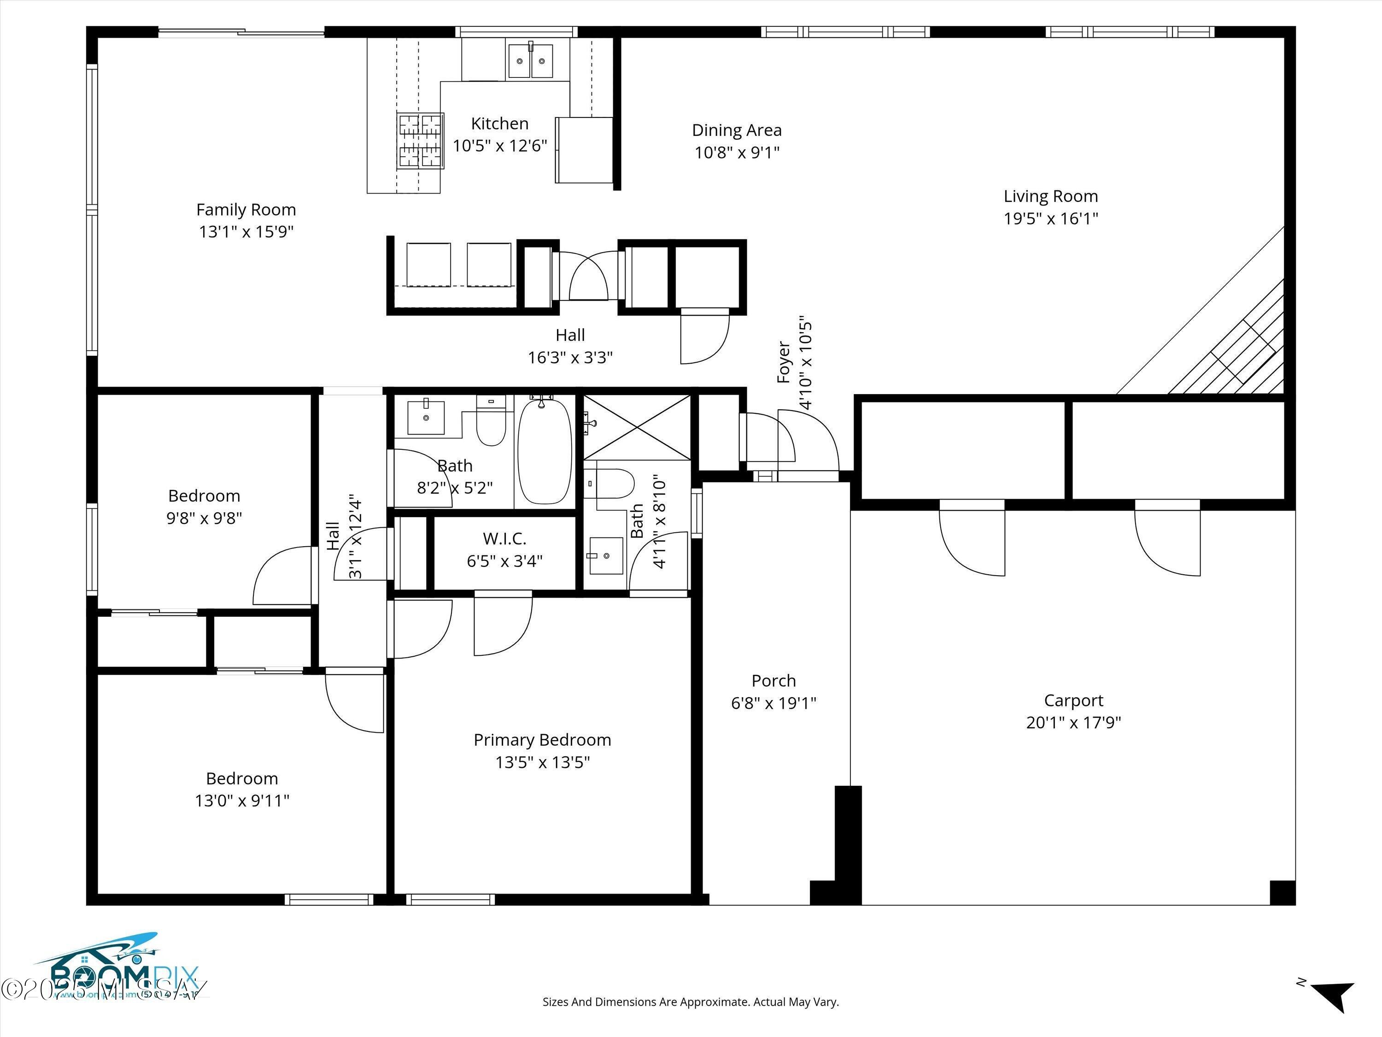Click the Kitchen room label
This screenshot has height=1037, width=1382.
(x=499, y=124)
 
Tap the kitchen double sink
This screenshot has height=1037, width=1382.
(x=530, y=61)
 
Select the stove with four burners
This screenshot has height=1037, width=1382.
(x=421, y=141)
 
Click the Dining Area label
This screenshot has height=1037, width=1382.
(x=737, y=130)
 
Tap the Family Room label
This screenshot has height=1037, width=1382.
(x=246, y=210)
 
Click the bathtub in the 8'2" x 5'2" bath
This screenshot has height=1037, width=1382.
(x=545, y=451)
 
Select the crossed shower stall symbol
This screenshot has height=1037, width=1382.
(x=637, y=427)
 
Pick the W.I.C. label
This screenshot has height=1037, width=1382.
(x=504, y=538)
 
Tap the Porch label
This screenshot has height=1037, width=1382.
(x=773, y=681)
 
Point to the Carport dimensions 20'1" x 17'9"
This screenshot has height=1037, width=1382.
(x=1073, y=723)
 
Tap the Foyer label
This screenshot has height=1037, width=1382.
(x=784, y=363)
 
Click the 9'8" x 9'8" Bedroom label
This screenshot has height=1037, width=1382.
(x=204, y=495)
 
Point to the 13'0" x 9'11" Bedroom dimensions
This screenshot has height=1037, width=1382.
(x=242, y=801)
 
